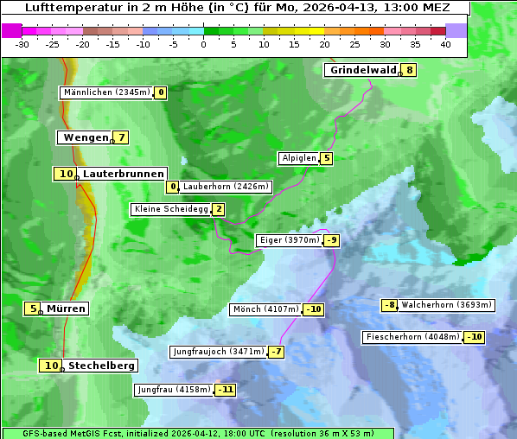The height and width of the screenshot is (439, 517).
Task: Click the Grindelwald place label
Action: pyautogui.click(x=362, y=70)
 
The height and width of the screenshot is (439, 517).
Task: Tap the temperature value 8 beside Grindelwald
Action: pyautogui.click(x=409, y=70)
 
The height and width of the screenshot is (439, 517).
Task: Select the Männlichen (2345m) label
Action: pyautogui.click(x=107, y=92)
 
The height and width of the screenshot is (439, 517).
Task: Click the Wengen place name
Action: pyautogui.click(x=85, y=137)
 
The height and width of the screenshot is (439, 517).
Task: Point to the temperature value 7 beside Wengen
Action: pyautogui.click(x=122, y=137)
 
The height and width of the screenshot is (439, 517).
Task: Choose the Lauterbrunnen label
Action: pyautogui.click(x=123, y=174)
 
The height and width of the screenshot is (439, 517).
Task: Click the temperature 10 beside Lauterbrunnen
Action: pyautogui.click(x=66, y=174)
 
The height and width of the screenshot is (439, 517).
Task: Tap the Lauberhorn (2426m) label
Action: pyautogui.click(x=227, y=186)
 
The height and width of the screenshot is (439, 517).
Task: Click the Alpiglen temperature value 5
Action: pyautogui.click(x=326, y=158)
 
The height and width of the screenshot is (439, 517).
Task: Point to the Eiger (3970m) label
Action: pyautogui.click(x=290, y=240)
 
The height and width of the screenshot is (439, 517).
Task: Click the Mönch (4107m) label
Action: pyautogui.click(x=266, y=309)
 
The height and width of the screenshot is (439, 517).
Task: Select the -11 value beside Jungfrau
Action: pyautogui.click(x=226, y=390)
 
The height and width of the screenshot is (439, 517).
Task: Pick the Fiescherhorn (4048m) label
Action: pyautogui.click(x=413, y=337)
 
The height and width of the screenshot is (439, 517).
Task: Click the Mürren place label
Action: pyautogui.click(x=66, y=309)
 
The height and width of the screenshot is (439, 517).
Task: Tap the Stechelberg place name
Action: pyautogui.click(x=101, y=366)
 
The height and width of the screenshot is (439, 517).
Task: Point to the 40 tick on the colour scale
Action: pyautogui.click(x=445, y=43)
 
